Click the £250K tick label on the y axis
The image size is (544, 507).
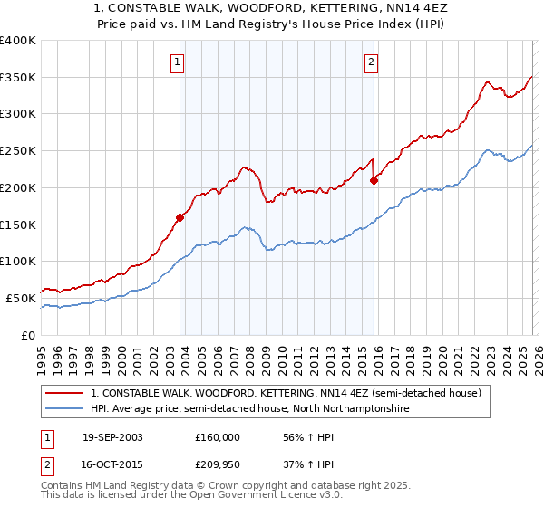click(17, 151)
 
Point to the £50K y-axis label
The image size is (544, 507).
click(20, 298)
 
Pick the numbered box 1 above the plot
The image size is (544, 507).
click(177, 62)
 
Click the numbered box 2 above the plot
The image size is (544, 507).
click(372, 62)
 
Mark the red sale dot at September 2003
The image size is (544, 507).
click(180, 217)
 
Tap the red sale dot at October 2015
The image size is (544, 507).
click(374, 180)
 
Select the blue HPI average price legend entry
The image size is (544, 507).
click(249, 409)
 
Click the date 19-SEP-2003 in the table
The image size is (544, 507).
click(112, 437)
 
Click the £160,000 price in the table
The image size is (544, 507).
click(218, 437)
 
